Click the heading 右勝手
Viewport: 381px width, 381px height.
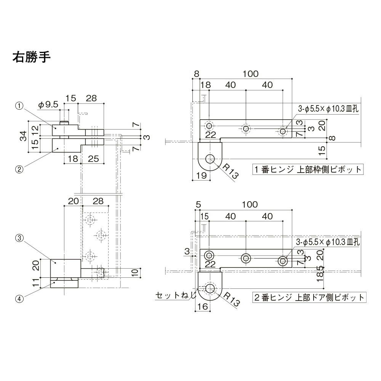coord(31,58)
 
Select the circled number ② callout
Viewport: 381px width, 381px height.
coord(19,169)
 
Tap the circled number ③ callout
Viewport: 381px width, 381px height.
coord(19,239)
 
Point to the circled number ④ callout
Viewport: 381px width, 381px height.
coord(19,299)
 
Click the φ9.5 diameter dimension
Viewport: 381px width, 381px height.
coord(48,104)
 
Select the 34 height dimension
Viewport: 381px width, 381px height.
coord(24,136)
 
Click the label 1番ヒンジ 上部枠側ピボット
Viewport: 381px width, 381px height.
coord(308,170)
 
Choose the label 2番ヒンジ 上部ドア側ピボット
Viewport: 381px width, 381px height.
coord(309,298)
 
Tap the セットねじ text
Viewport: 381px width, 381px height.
coord(176,295)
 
